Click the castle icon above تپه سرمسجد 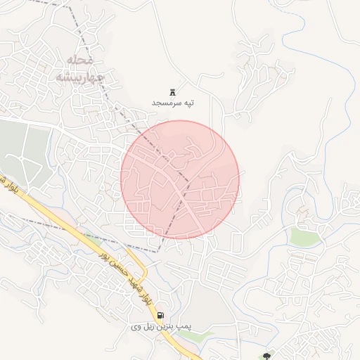172,92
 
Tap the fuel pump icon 162,315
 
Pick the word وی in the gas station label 137,327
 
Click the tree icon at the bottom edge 266,356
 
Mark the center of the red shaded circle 180,179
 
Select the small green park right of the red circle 305,236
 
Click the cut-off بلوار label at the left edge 6,185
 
